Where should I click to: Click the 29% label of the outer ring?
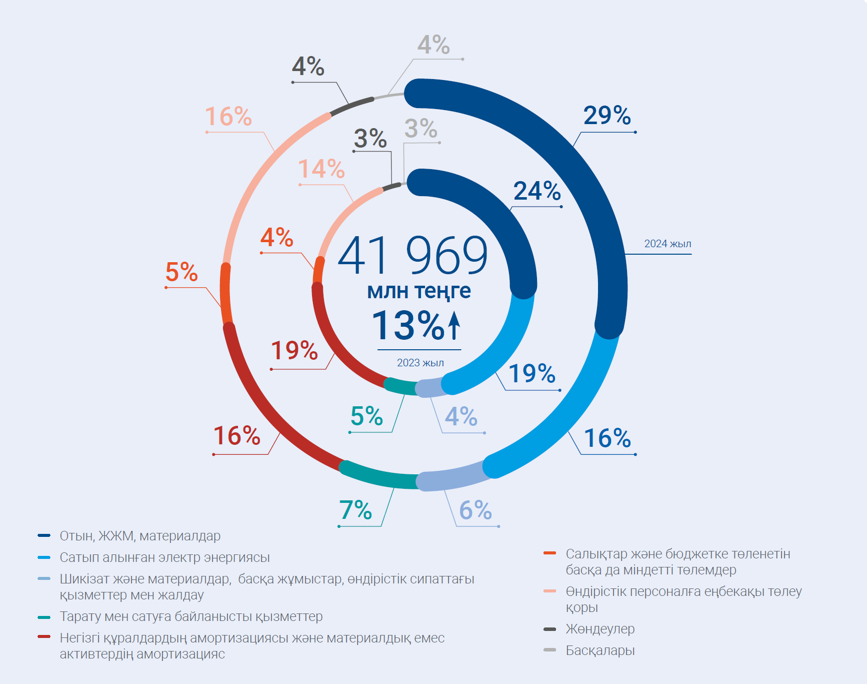pyautogui.click(x=607, y=116)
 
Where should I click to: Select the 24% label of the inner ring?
pyautogui.click(x=537, y=191)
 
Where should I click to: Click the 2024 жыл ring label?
pyautogui.click(x=667, y=244)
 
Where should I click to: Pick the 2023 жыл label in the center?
pyautogui.click(x=420, y=363)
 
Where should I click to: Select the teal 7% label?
pyautogui.click(x=355, y=510)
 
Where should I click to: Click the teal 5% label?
pyautogui.click(x=366, y=416)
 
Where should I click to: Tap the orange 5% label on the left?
pyautogui.click(x=181, y=272)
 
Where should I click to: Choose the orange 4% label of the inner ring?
pyautogui.click(x=276, y=237)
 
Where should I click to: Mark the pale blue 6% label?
pyautogui.click(x=475, y=510)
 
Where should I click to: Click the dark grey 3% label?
pyautogui.click(x=370, y=139)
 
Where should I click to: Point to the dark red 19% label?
pyautogui.click(x=294, y=350)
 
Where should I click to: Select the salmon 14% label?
pyautogui.click(x=321, y=169)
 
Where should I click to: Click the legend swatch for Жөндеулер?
pyautogui.click(x=549, y=629)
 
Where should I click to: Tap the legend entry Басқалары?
pyautogui.click(x=600, y=650)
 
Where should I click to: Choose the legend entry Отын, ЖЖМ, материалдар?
pyautogui.click(x=140, y=536)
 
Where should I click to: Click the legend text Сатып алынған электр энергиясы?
pyautogui.click(x=164, y=557)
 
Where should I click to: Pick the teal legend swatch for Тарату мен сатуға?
pyautogui.click(x=44, y=617)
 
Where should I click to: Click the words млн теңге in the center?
pyautogui.click(x=419, y=291)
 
